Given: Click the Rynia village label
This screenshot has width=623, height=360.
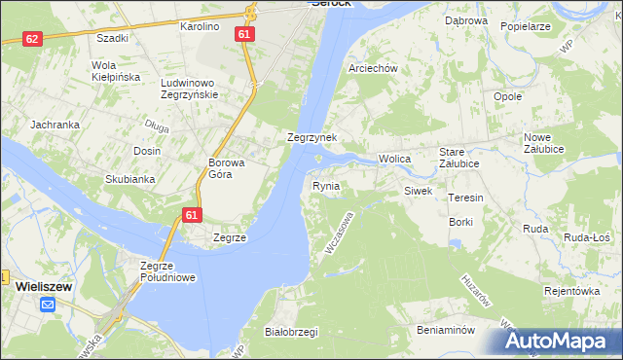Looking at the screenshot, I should [x=326, y=185].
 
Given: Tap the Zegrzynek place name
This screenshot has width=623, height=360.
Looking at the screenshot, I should [x=311, y=138].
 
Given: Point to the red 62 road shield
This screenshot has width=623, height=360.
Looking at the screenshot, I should [x=33, y=39].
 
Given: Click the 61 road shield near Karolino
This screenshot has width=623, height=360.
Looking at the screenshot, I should [x=246, y=33].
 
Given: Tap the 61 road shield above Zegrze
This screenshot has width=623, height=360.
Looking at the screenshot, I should [x=192, y=215].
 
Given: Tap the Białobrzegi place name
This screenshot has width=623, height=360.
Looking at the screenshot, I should [x=291, y=332].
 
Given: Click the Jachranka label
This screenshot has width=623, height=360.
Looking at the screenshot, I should [x=54, y=125].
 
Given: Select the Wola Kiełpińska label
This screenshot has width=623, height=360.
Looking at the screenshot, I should [x=116, y=71].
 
